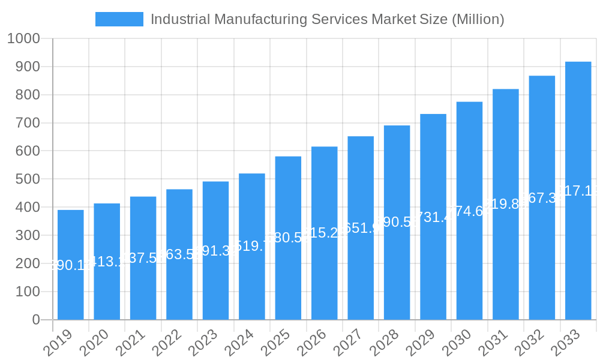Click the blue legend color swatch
pyautogui.click(x=119, y=19)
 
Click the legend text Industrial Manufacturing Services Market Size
pyautogui.click(x=327, y=19)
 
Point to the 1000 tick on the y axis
pyautogui.click(x=23, y=39)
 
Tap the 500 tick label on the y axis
pyautogui.click(x=28, y=179)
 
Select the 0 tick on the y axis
pyautogui.click(x=36, y=320)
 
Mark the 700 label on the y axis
pyautogui.click(x=28, y=123)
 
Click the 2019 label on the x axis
pyautogui.click(x=59, y=343)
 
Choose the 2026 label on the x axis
pyautogui.click(x=313, y=343)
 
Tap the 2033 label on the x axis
pyautogui.click(x=566, y=343)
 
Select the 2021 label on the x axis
pyautogui.click(x=131, y=343)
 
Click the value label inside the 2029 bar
pyautogui.click(x=433, y=217)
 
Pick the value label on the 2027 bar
pyautogui.click(x=361, y=229)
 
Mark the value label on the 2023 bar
pyautogui.click(x=215, y=251)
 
